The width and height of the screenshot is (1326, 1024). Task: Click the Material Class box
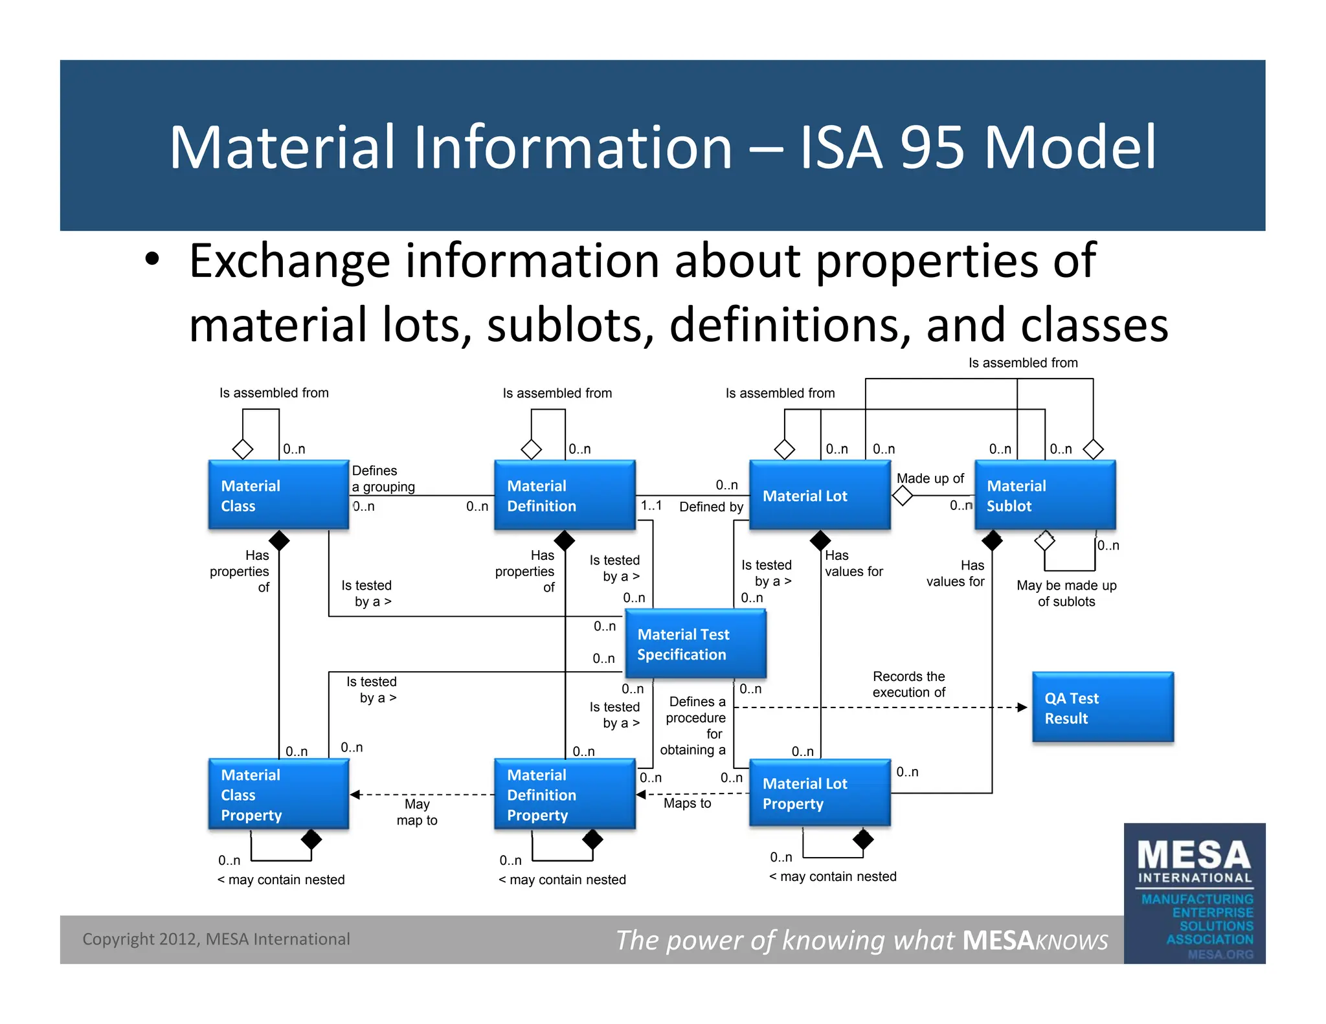coord(278,495)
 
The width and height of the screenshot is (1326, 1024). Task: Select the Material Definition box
coord(565,495)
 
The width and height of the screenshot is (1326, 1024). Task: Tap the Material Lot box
coord(820,495)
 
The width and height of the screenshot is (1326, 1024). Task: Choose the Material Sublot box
coord(1044,495)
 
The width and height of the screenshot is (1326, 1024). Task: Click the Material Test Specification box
coord(695,644)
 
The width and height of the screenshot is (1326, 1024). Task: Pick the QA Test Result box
coord(1103,707)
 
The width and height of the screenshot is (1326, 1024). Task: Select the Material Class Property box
coord(278,794)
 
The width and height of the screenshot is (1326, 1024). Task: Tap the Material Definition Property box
coord(565,794)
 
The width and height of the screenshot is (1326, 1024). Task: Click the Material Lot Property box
coord(820,793)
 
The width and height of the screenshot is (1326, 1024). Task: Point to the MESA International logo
coord(1195,893)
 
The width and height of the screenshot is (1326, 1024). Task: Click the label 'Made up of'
coord(930,478)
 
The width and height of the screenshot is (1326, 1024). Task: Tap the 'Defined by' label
coord(711,507)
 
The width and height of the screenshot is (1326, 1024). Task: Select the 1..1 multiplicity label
coord(651,505)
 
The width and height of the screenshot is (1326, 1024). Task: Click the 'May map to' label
coord(417,812)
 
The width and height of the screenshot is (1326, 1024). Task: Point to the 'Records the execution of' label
coord(908,684)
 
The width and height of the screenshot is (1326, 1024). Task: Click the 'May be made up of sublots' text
coord(1066,593)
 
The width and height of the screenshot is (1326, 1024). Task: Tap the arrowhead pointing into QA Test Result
coord(1022,707)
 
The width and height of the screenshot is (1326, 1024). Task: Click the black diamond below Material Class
coord(279,540)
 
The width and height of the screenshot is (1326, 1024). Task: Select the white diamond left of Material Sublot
coord(903,496)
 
